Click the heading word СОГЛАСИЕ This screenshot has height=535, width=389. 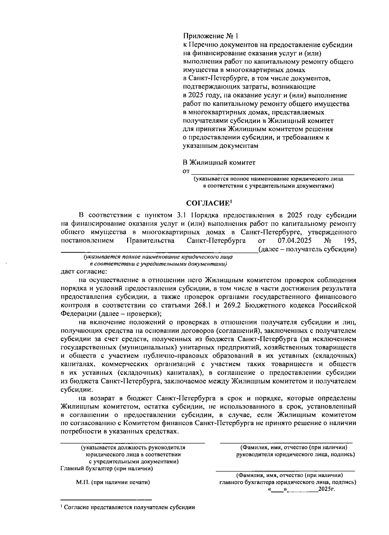207,203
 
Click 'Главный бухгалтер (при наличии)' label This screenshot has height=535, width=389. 107,469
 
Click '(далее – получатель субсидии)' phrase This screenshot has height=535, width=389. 307,249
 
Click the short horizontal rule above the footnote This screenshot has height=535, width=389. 106,499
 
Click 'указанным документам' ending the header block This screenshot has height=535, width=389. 220,146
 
